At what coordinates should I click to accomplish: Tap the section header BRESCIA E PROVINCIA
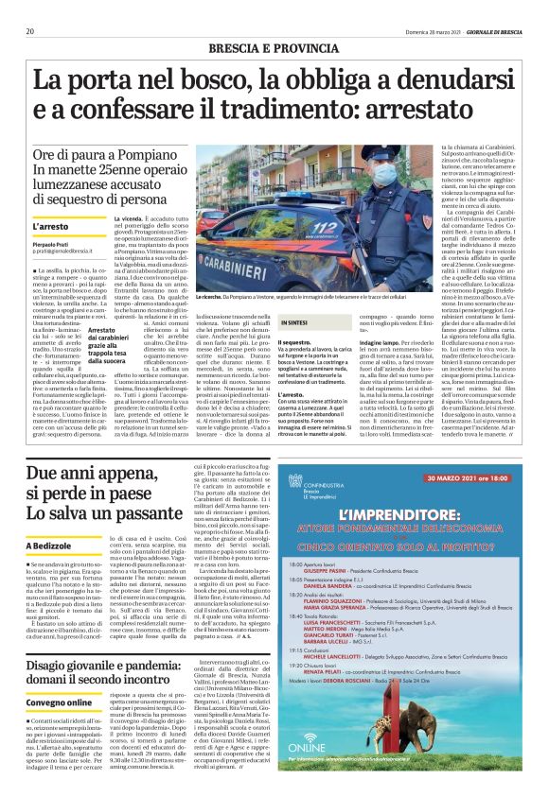[274, 46]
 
